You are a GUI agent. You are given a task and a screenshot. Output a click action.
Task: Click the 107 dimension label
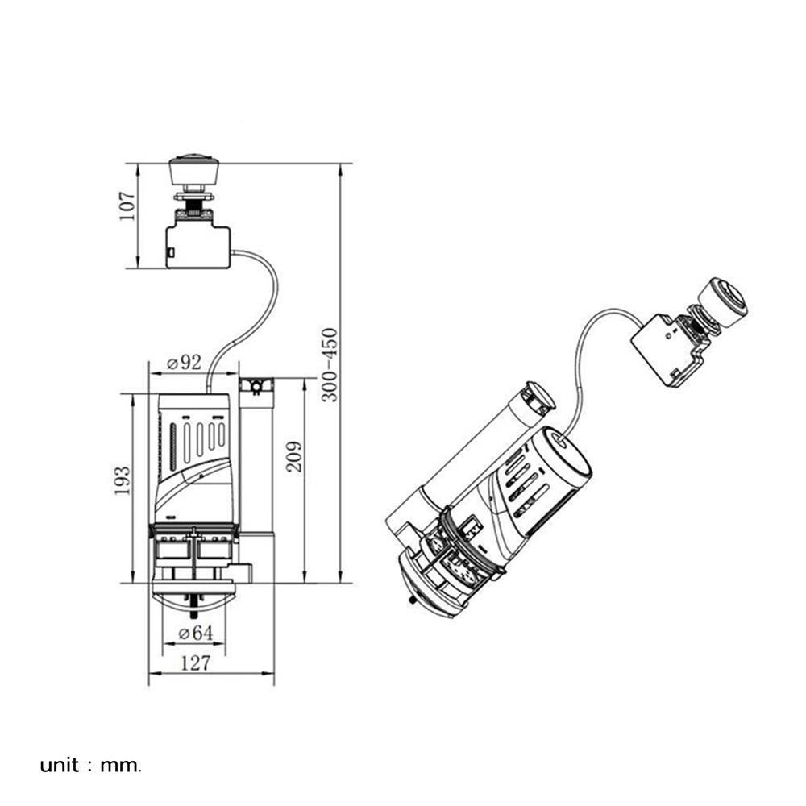click(x=127, y=206)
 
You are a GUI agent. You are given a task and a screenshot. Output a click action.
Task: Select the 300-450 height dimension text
click(x=330, y=364)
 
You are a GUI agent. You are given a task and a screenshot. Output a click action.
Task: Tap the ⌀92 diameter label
click(x=185, y=363)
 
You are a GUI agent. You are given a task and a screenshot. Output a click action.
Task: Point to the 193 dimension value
click(x=122, y=480)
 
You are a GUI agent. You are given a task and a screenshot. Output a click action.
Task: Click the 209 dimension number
click(x=294, y=456)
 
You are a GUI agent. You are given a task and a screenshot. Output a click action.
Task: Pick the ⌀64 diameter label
click(x=195, y=632)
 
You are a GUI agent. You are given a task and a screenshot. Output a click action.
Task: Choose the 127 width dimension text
click(x=196, y=663)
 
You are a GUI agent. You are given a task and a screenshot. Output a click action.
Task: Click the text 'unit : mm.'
click(x=90, y=766)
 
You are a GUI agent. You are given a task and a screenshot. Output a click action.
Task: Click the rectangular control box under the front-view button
click(x=198, y=247)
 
